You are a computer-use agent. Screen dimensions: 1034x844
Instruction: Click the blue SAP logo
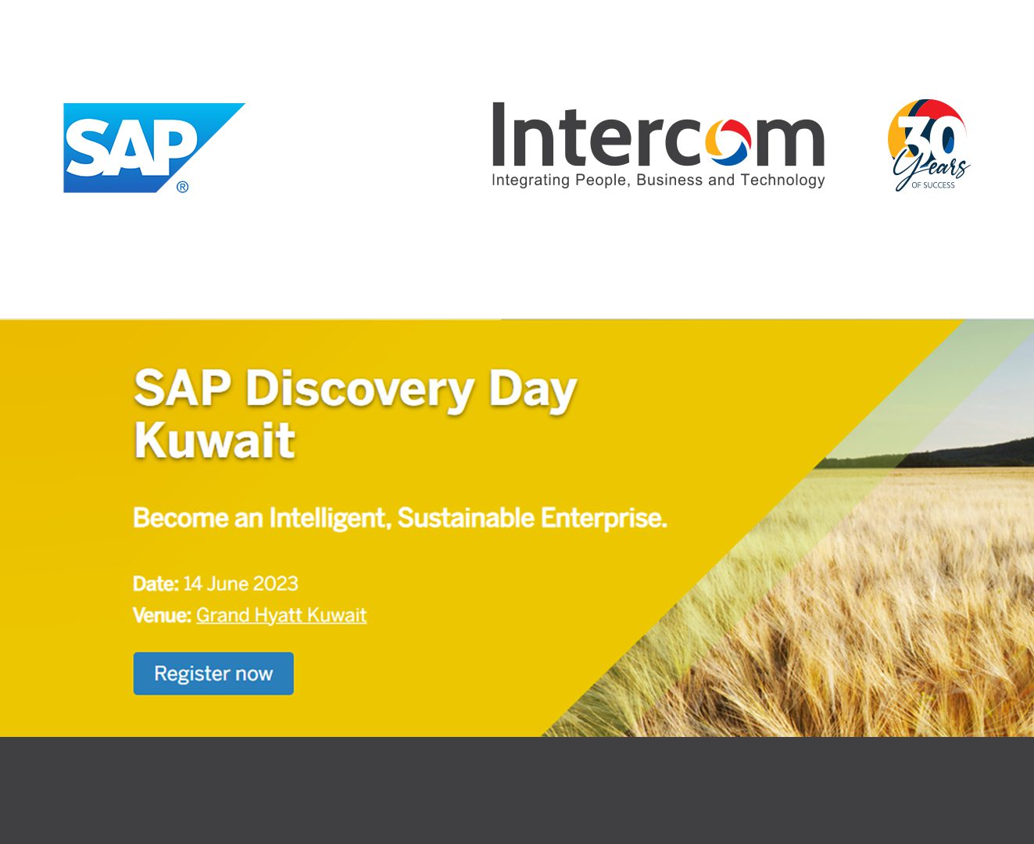pyautogui.click(x=147, y=148)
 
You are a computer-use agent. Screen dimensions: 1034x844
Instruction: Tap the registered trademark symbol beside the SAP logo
pyautogui.click(x=182, y=187)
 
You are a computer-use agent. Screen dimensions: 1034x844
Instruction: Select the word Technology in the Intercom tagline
pyautogui.click(x=782, y=181)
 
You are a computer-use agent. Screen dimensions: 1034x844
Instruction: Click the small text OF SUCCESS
pyautogui.click(x=933, y=185)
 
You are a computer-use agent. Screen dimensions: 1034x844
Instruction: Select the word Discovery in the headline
pyautogui.click(x=360, y=391)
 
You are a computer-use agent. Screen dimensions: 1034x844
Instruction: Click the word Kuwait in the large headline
pyautogui.click(x=214, y=440)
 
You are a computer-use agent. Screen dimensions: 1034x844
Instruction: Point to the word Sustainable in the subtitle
pyautogui.click(x=465, y=518)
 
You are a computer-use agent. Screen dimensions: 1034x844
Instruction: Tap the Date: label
pyautogui.click(x=156, y=584)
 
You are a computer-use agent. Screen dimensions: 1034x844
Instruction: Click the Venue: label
pyautogui.click(x=162, y=615)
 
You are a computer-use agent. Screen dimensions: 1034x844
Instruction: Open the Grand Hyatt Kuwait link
pyautogui.click(x=281, y=616)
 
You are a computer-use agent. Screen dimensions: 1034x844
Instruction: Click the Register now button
pyautogui.click(x=213, y=674)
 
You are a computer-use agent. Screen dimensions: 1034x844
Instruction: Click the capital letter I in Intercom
pyautogui.click(x=499, y=134)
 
